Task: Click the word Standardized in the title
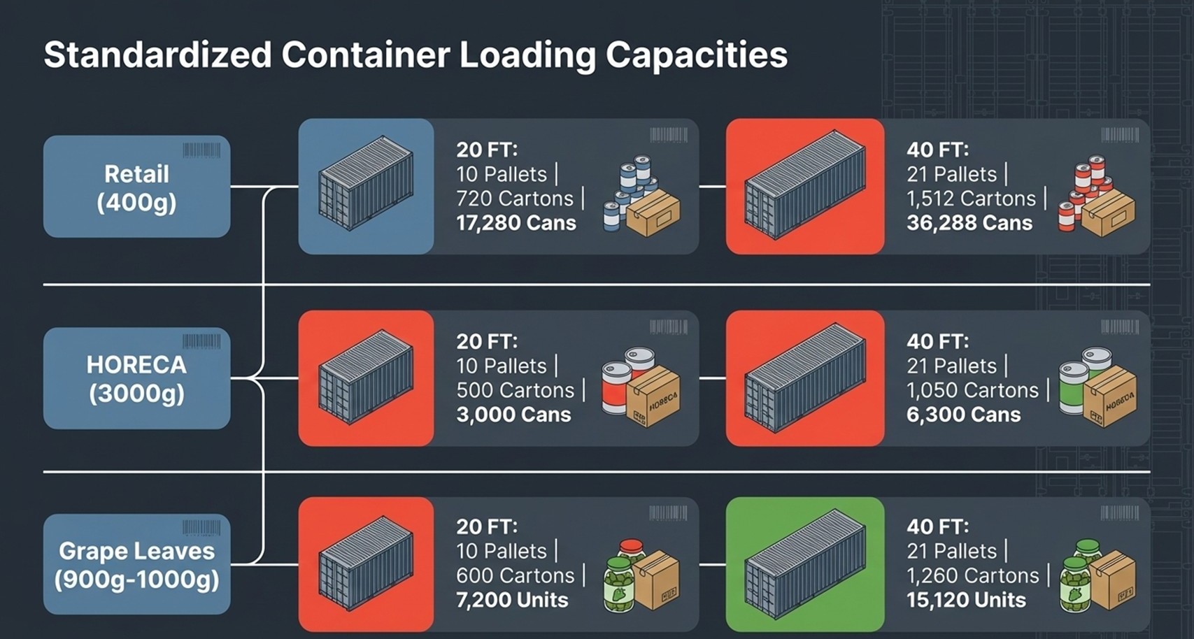[158, 55]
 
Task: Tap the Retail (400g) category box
[137, 187]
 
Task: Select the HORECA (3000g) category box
[137, 378]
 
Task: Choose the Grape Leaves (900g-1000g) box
[137, 564]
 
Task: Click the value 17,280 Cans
[516, 223]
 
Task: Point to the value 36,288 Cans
[969, 223]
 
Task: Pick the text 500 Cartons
[515, 390]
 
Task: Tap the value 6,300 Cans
[964, 415]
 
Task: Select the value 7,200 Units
[512, 600]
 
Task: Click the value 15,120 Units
[967, 600]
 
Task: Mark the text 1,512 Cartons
[971, 199]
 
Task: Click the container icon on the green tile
[805, 564]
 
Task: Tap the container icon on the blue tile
[366, 182]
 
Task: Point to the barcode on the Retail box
[201, 150]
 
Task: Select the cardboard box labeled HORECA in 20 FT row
[653, 396]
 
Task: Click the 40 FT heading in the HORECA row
[937, 341]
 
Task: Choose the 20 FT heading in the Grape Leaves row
[487, 526]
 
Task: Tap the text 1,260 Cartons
[973, 575]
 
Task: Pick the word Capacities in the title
[697, 55]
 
